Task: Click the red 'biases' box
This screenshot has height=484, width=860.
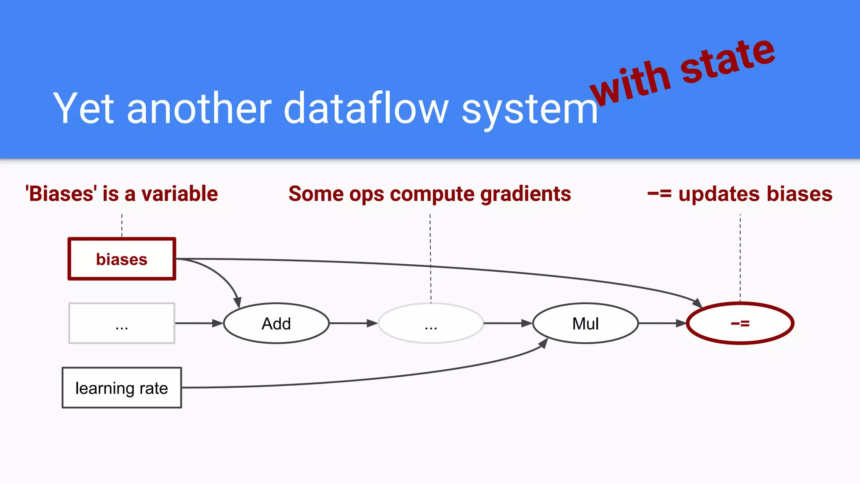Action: (122, 259)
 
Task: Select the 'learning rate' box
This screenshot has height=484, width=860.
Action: (122, 388)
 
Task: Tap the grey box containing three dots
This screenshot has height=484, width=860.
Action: (122, 324)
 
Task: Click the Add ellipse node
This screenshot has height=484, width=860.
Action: (276, 324)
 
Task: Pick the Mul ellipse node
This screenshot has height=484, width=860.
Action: (585, 324)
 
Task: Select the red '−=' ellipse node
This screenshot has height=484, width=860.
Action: (740, 324)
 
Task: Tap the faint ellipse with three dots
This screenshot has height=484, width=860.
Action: (431, 324)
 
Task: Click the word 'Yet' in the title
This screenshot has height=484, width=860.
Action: (83, 108)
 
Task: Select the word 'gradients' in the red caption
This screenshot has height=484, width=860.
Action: (525, 194)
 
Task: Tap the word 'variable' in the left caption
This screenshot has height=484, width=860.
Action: (180, 194)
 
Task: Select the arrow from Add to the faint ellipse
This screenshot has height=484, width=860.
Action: (353, 323)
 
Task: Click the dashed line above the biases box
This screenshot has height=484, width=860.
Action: (122, 226)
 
